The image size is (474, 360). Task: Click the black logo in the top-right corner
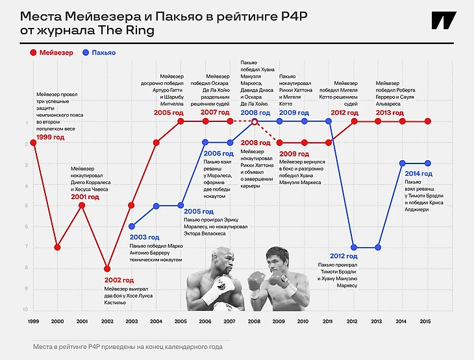pos(443,21)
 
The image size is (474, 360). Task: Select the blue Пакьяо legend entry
pos(98,53)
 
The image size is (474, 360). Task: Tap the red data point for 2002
pos(106,269)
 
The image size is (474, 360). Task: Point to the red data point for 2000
pos(58,247)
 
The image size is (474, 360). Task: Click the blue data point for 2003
pos(132,226)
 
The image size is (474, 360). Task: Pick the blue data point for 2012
pos(354,247)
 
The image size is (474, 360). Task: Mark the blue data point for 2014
pos(403,163)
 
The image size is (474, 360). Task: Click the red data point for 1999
pos(33,143)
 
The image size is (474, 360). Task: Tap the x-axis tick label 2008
pos(255,322)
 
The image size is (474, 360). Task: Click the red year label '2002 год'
pos(119,280)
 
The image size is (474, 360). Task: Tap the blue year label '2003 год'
pos(144,237)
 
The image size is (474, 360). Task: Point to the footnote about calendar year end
pos(127,347)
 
